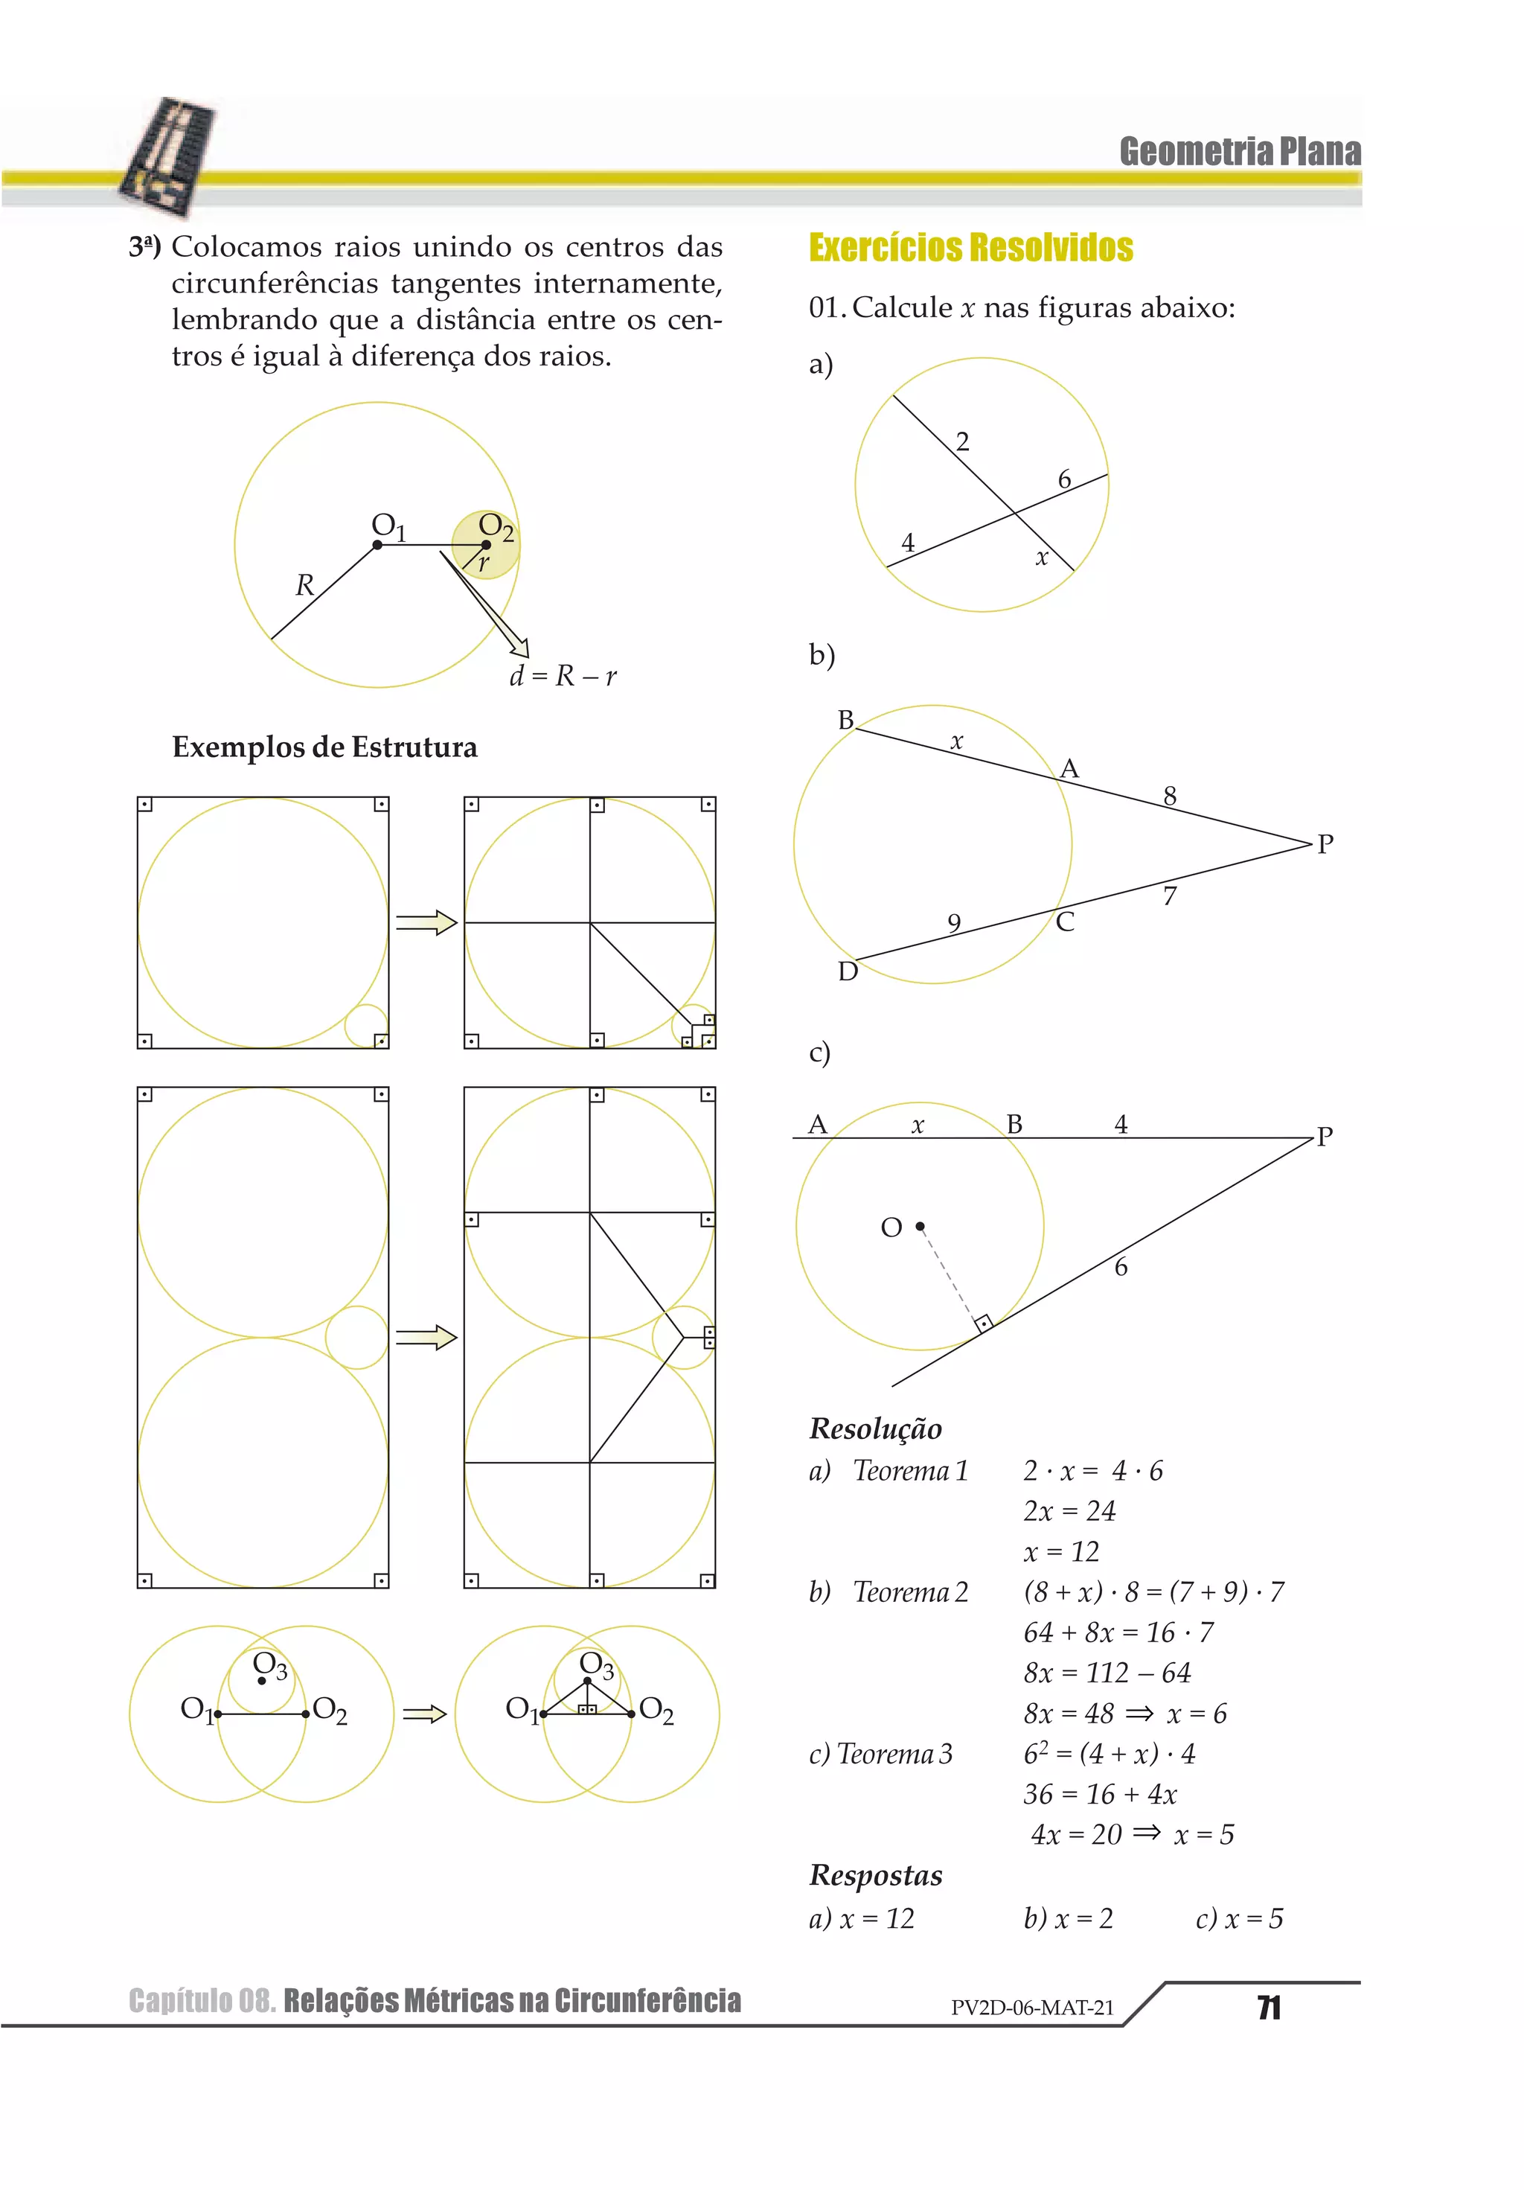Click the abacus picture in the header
169,156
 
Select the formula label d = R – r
563,676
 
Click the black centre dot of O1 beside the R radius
378,545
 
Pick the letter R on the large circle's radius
304,584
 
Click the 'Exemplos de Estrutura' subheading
324,747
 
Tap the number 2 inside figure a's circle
962,441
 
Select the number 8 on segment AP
1169,796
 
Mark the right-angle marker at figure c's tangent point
983,1322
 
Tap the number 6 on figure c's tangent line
1121,1267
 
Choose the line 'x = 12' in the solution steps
1060,1552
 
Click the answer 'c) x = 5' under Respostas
1239,1918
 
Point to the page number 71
1269,2008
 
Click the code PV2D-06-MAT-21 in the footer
1032,2008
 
